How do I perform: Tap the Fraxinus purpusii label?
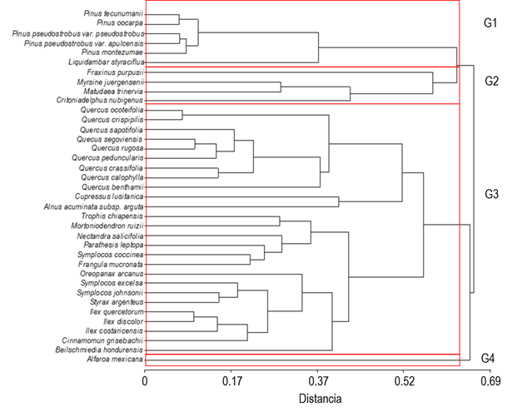(114, 72)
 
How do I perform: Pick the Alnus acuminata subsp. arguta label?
(93, 206)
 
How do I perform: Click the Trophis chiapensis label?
(112, 216)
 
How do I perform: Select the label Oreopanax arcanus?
(112, 273)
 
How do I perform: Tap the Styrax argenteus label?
(114, 301)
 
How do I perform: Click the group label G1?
(491, 23)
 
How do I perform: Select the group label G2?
(491, 81)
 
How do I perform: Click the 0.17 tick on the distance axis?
(231, 383)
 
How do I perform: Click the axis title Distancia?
(321, 400)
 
